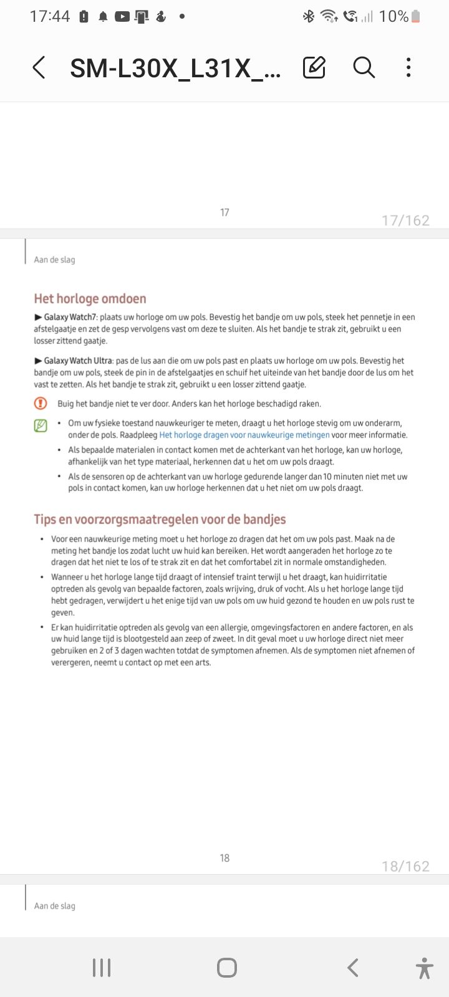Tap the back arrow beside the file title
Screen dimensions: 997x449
[39, 67]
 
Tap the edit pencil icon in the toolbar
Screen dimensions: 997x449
[314, 67]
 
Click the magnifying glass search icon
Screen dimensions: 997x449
[364, 67]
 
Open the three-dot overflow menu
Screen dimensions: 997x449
[408, 67]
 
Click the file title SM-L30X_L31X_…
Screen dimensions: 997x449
[175, 68]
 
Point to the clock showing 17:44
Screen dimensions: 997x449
[50, 17]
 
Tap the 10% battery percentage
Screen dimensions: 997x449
[393, 17]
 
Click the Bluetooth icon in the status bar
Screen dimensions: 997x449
[308, 17]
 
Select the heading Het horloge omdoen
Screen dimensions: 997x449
[90, 298]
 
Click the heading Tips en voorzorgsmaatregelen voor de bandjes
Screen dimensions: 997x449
[160, 519]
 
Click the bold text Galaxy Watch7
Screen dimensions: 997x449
[70, 317]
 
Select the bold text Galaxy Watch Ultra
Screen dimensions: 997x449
[78, 361]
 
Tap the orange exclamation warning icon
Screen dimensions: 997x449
[41, 403]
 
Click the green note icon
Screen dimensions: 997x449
[41, 426]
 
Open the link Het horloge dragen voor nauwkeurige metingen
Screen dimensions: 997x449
[244, 435]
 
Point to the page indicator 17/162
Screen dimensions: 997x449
[405, 221]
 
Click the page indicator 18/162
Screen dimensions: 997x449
[405, 867]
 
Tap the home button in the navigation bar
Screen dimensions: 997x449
[226, 968]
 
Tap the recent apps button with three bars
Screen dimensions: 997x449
[102, 968]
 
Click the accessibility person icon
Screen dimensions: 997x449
[424, 968]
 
